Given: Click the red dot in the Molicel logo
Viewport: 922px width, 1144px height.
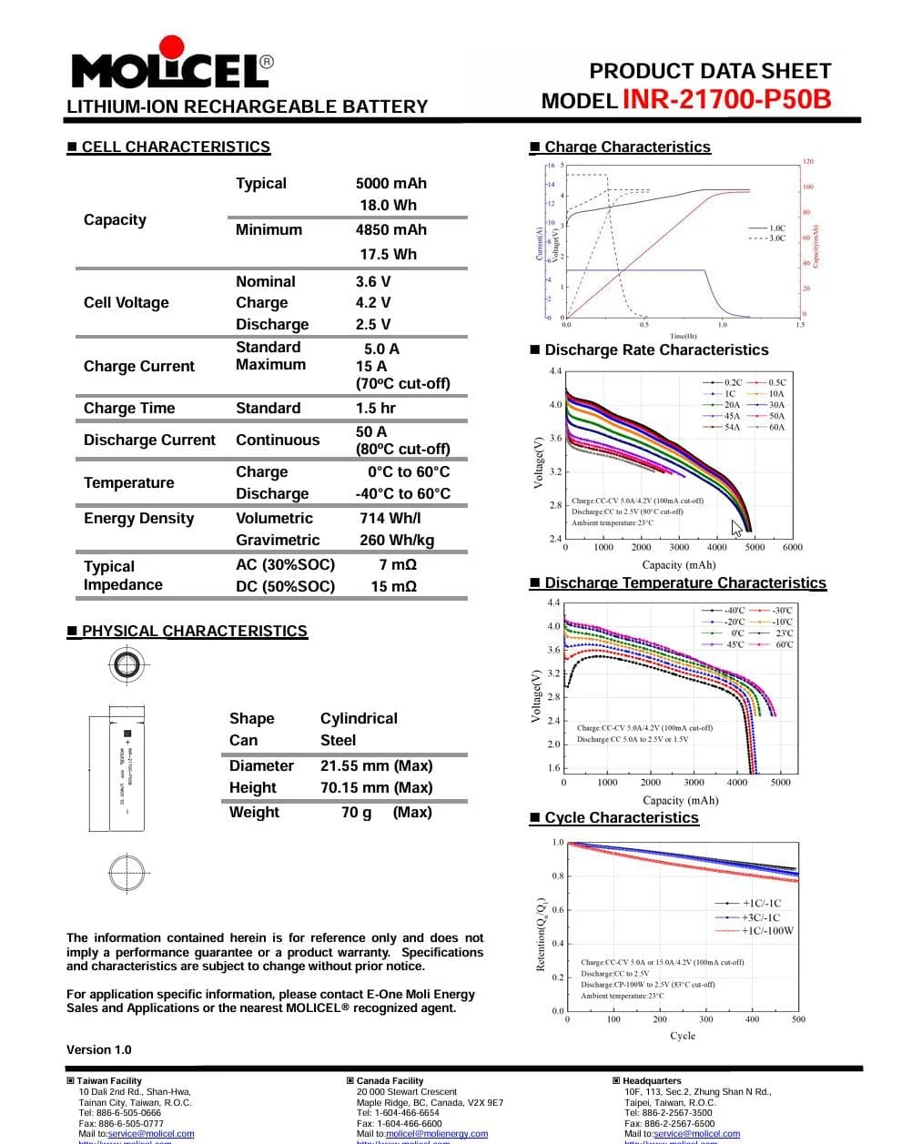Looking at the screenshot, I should (171, 47).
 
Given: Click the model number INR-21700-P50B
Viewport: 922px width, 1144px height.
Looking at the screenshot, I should (726, 99).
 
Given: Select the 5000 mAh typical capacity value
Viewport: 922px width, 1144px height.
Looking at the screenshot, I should (390, 183).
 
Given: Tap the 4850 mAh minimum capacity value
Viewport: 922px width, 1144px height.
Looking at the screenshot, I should (390, 230).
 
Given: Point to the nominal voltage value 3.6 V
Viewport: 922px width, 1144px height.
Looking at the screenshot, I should (373, 281).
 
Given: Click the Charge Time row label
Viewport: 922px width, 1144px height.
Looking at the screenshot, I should (129, 408).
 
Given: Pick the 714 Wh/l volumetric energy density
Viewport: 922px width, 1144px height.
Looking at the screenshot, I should (390, 518).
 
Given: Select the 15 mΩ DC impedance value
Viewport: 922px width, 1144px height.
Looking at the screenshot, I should (393, 586).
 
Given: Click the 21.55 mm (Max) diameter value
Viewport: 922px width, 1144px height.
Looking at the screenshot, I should (376, 765).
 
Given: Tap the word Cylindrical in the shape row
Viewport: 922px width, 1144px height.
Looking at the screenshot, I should (359, 718).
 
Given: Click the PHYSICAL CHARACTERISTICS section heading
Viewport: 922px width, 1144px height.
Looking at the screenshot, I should (194, 631).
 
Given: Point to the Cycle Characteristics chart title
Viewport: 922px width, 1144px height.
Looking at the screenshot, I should (622, 817).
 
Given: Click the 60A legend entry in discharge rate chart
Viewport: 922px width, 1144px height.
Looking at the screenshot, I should (775, 427).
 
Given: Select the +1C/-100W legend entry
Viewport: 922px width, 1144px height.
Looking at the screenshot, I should (767, 930).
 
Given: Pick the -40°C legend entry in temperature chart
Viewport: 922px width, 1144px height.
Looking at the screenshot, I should (734, 611).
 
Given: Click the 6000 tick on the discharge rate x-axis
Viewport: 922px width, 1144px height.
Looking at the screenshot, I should (793, 547).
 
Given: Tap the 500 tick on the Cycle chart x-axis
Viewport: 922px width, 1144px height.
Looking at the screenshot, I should (798, 1019).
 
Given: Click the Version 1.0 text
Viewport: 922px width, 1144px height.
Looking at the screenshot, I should (98, 1049).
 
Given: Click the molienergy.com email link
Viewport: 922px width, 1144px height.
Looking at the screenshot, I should (437, 1134).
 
